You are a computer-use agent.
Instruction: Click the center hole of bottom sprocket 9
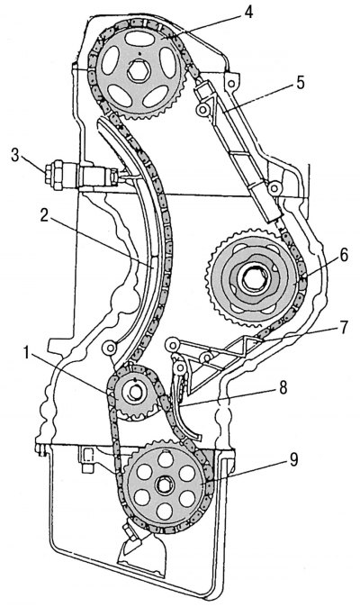[x=168, y=486]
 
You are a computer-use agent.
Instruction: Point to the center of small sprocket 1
[x=132, y=392]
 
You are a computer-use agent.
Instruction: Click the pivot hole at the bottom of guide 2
[x=111, y=348]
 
